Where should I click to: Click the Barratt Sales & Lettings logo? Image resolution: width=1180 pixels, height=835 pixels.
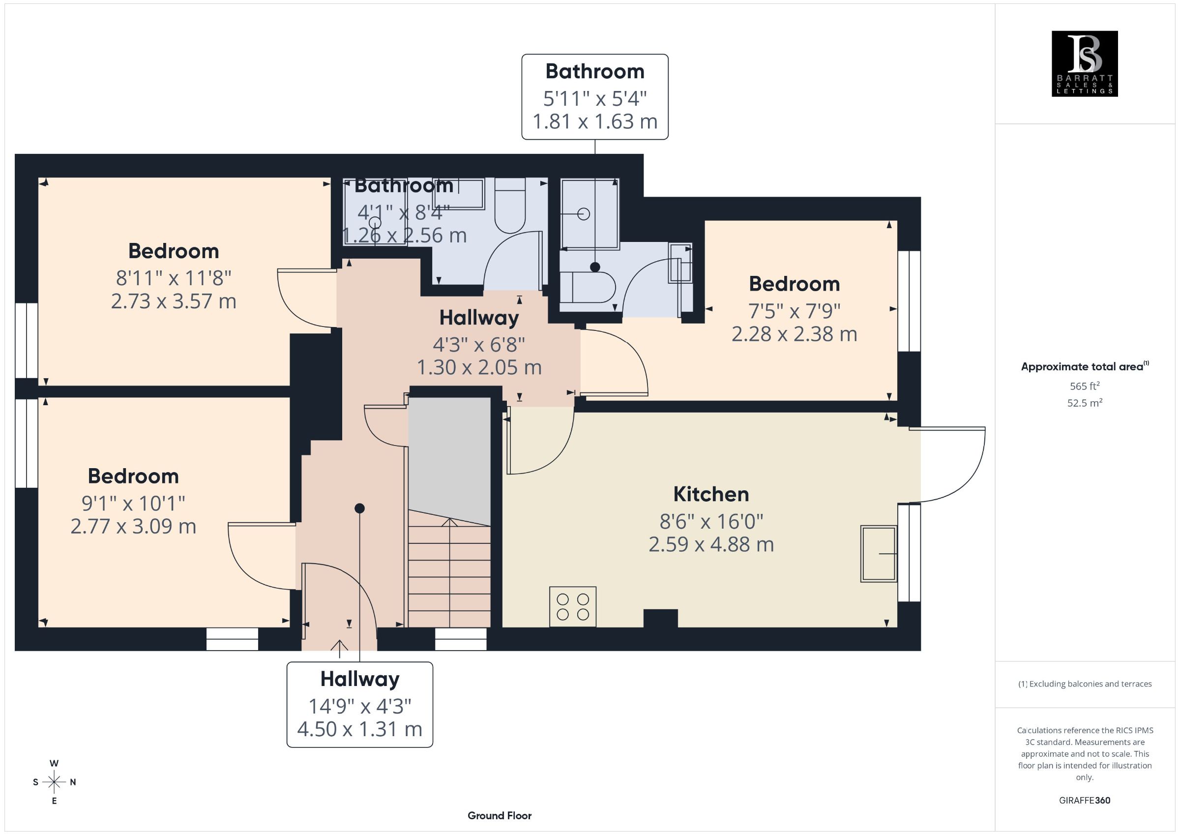coord(1085,64)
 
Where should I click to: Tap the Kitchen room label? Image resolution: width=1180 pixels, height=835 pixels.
coord(711,494)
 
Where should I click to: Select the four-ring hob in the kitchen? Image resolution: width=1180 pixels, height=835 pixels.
coord(572,607)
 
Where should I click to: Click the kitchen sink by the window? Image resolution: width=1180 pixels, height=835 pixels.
coord(879,554)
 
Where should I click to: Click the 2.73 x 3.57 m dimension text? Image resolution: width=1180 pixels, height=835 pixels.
coord(174,301)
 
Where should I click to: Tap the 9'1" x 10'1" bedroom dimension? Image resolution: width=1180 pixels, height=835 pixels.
coord(133,504)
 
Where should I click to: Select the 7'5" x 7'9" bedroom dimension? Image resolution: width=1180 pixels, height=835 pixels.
coord(794,311)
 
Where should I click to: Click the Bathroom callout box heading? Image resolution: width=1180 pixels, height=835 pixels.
coord(594,71)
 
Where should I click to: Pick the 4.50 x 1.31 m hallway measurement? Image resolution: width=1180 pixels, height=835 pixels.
coord(360,729)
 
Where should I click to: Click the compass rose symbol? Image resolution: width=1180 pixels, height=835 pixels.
coord(54,782)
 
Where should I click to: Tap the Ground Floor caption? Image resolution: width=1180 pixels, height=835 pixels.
coord(500,815)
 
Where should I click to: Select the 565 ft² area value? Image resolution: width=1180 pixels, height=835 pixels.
coord(1085,386)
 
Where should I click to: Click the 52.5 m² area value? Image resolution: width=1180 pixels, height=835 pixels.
coord(1085,403)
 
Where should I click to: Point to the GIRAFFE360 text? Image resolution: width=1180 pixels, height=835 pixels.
coord(1085,801)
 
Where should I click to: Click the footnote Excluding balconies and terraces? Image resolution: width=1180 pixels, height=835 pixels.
coord(1085,684)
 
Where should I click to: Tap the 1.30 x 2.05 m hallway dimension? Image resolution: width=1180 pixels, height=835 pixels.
coord(479,368)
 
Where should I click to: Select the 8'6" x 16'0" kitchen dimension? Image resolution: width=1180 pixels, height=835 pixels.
coord(711,522)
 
